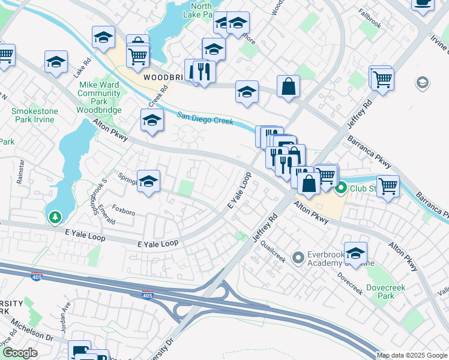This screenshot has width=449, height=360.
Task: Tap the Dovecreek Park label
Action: pyautogui.click(x=386, y=292)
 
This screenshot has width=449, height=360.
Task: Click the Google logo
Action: pyautogui.click(x=19, y=353)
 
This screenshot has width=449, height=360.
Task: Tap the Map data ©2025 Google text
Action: pyautogui.click(x=412, y=355)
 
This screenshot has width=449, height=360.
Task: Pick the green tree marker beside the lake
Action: pyautogui.click(x=55, y=217)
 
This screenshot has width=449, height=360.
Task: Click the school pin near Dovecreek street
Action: pyautogui.click(x=355, y=253)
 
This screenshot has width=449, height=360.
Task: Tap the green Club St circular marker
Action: pyautogui.click(x=341, y=189)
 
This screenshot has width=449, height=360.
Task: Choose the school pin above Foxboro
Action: pyautogui.click(x=148, y=181)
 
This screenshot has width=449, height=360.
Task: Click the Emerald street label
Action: pyautogui.click(x=106, y=215)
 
